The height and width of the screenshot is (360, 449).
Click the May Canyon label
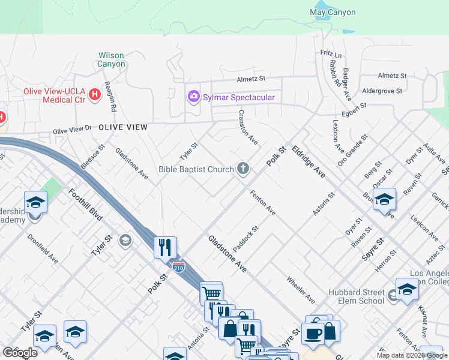coord(332,12)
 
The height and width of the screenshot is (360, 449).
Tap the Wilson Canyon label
coord(112,59)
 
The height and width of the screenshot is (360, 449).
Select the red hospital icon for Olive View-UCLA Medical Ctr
coord(94,94)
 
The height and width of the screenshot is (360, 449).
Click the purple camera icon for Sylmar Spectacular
coord(193,97)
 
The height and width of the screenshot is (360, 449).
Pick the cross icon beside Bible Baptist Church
coord(243,169)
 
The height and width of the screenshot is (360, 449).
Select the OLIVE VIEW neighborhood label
coord(122,127)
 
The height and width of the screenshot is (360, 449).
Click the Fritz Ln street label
coord(331,53)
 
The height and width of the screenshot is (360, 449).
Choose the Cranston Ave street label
coord(248,127)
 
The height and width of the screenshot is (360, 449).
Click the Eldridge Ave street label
coord(309,161)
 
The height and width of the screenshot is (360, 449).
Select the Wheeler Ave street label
coord(301,289)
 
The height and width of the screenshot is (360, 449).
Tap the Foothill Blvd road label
coord(86,204)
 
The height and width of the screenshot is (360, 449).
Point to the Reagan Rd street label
coord(110,97)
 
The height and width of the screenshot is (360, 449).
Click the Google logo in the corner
coord(20,352)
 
